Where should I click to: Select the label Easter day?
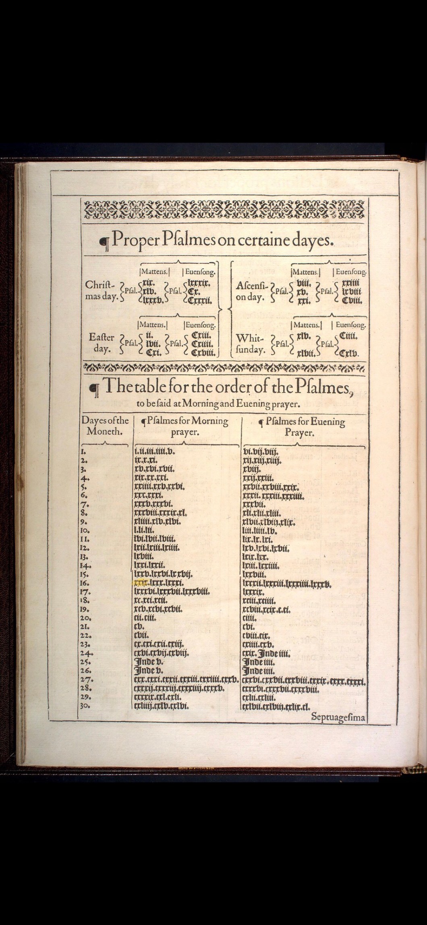tap(101, 343)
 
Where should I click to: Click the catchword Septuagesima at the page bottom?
tap(338, 717)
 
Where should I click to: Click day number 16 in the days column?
tap(84, 583)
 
